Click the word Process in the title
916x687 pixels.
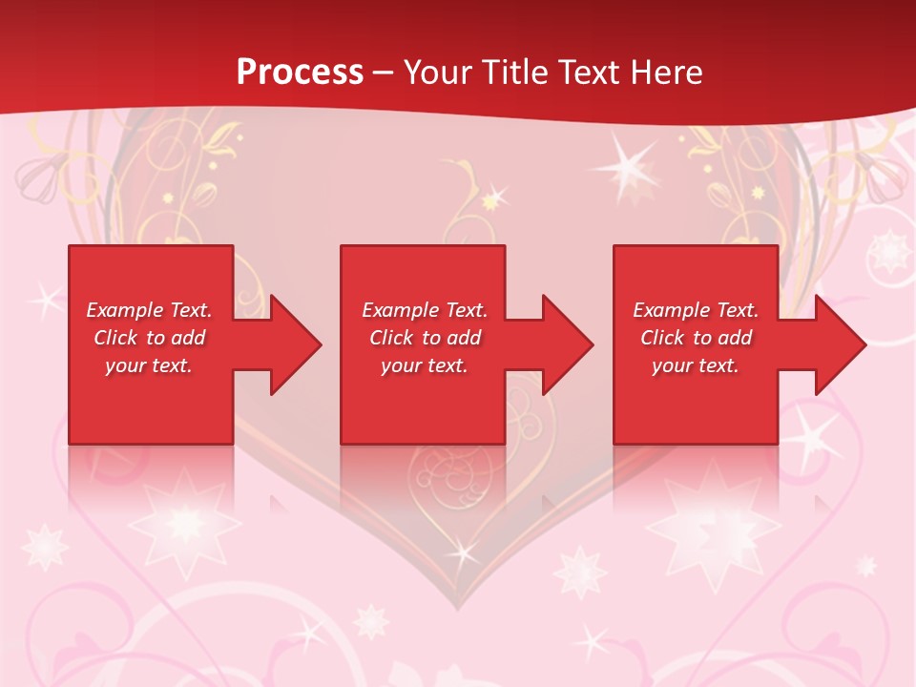click(x=300, y=73)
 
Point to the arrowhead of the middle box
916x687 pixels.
click(x=566, y=344)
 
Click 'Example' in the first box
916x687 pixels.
click(x=125, y=310)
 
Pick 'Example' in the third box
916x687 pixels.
click(x=672, y=310)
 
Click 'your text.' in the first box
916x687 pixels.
click(x=149, y=365)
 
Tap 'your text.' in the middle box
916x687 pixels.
click(x=425, y=365)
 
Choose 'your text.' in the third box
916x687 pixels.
click(x=696, y=365)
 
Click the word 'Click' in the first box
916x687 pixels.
click(x=115, y=338)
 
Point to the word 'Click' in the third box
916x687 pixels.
click(x=662, y=338)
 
